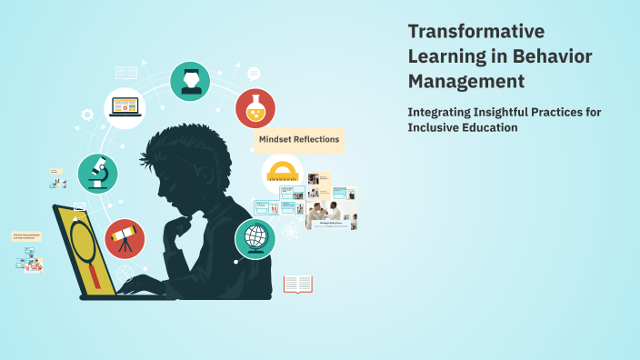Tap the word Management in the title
click(x=466, y=81)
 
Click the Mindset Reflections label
click(x=299, y=139)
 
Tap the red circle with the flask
click(x=255, y=108)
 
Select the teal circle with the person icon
click(x=190, y=82)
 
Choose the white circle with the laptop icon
click(x=125, y=108)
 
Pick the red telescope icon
click(x=125, y=239)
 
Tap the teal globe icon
click(x=255, y=239)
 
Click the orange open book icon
click(x=297, y=285)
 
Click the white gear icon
click(x=87, y=115)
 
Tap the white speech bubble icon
click(x=254, y=73)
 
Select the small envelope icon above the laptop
click(x=80, y=207)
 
